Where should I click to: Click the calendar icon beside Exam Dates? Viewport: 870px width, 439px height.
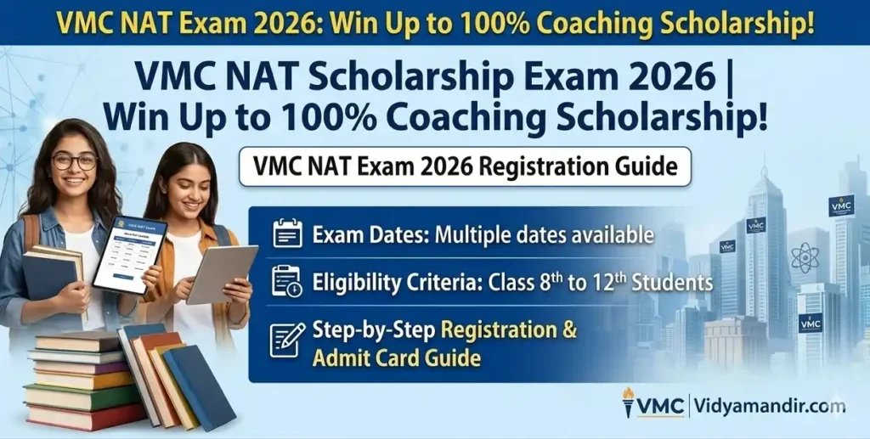(287, 234)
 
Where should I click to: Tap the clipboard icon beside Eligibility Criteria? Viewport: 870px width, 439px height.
(287, 281)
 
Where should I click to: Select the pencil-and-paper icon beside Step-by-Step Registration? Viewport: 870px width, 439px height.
(287, 340)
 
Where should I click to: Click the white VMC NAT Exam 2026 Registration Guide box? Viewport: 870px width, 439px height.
(464, 166)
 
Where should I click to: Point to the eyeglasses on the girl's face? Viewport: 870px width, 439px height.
(75, 160)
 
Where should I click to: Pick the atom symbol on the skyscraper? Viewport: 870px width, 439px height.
(804, 257)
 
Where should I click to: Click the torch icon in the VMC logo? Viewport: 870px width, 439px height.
(628, 402)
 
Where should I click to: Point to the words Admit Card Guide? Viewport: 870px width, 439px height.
(396, 357)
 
